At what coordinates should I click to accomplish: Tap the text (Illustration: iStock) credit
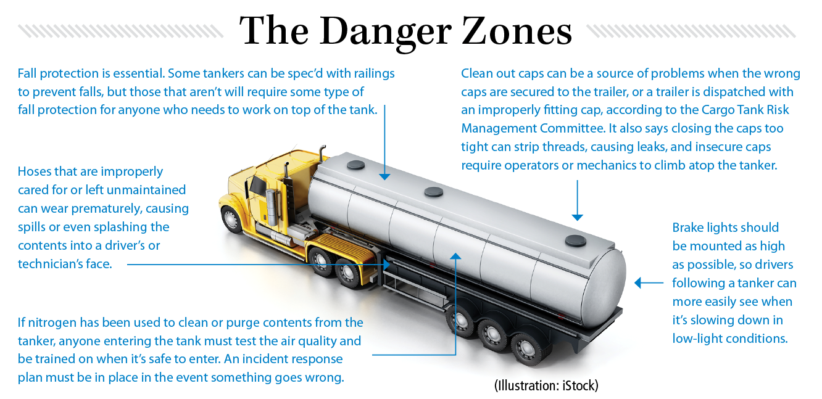546,385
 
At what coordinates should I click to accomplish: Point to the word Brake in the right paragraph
689,227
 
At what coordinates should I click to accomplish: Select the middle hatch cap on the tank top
434,192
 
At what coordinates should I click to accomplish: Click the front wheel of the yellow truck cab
232,220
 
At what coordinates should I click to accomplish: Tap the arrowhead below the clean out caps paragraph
577,217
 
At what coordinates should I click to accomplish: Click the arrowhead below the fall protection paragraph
384,176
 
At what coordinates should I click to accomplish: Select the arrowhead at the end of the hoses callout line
387,265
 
